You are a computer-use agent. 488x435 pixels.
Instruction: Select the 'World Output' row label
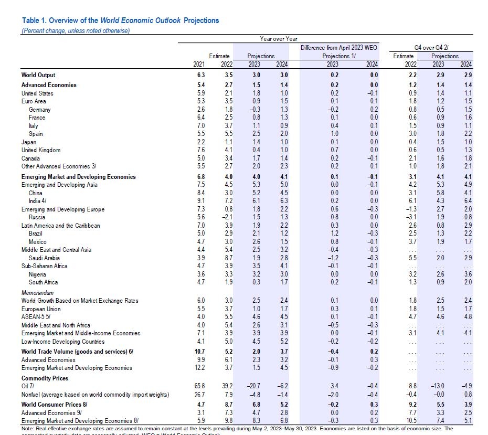[38, 76]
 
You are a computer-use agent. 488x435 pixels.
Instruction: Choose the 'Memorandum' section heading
[37, 292]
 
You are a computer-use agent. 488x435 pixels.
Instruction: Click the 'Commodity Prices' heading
[45, 378]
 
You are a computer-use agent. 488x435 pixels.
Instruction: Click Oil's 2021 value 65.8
[199, 386]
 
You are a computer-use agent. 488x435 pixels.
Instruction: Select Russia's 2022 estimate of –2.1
[225, 217]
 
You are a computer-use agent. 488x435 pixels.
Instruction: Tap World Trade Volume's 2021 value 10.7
[199, 351]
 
